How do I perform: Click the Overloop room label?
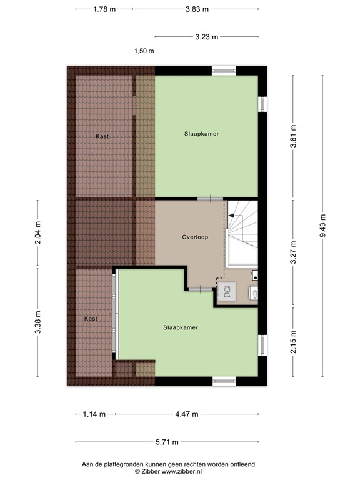[x=195, y=237]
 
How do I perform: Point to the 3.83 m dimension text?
[x=197, y=9]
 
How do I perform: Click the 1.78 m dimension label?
[x=104, y=9]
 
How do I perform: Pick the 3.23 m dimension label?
[x=206, y=37]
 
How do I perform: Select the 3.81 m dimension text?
[x=292, y=136]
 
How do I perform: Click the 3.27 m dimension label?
[x=292, y=252]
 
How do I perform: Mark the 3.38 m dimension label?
[x=37, y=322]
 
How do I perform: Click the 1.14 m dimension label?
[x=94, y=414]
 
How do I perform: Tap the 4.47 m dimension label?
[x=186, y=414]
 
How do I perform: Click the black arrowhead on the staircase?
[x=231, y=215]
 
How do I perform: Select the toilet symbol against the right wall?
[x=254, y=293]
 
